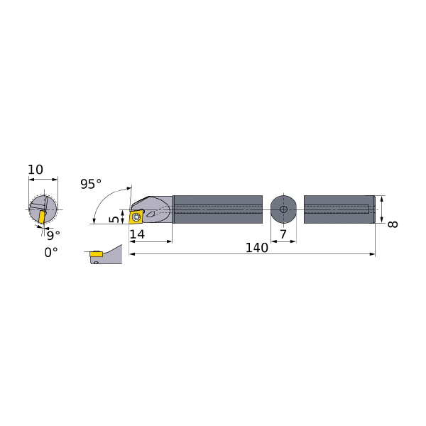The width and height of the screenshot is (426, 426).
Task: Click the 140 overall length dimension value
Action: pyautogui.click(x=256, y=248)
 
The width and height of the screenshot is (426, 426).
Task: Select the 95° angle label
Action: pyautogui.click(x=91, y=184)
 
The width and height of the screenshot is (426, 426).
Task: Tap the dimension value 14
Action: pyautogui.click(x=137, y=234)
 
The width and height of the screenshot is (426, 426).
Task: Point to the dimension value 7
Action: pyautogui.click(x=283, y=234)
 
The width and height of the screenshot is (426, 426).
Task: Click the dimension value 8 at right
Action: pyautogui.click(x=393, y=224)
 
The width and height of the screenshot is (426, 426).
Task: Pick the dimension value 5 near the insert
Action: pyautogui.click(x=114, y=219)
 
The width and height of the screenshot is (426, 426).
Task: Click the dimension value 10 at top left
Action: pyautogui.click(x=35, y=170)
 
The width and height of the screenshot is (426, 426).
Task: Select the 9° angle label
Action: pyautogui.click(x=53, y=235)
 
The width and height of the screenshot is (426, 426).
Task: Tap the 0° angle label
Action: pyautogui.click(x=51, y=252)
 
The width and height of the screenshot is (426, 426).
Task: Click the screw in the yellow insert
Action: pyautogui.click(x=136, y=217)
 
